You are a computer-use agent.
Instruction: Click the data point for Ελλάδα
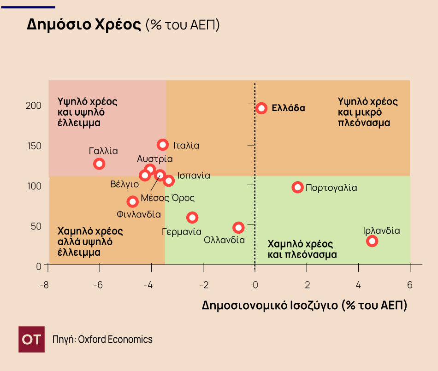261,108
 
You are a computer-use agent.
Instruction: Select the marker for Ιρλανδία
372,241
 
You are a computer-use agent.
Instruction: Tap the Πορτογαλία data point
298,187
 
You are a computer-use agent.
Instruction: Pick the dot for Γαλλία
99,164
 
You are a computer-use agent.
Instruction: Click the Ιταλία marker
163,145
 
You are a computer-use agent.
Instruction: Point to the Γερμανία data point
192,218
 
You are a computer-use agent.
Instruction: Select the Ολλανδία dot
238,228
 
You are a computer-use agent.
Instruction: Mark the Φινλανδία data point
133,201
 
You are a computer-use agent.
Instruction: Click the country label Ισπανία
194,176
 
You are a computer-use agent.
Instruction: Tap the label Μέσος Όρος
168,198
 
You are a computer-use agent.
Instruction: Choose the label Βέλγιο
124,184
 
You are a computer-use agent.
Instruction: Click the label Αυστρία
155,159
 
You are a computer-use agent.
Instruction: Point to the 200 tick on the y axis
33,106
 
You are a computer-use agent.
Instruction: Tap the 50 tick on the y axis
36,226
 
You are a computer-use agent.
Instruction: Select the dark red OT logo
32,340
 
